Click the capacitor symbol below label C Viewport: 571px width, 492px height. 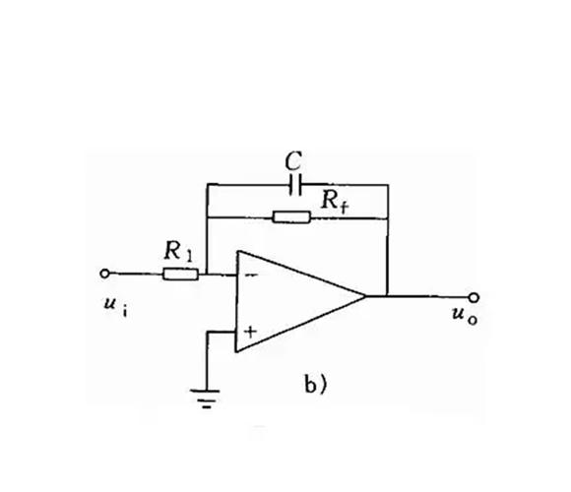295,185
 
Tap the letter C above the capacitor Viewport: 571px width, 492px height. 293,160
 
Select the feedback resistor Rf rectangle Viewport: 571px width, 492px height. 291,216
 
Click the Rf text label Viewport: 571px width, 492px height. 335,201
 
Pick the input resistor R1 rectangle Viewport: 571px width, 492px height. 180,274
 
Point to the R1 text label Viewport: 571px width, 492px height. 178,251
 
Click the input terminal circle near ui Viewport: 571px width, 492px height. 104,274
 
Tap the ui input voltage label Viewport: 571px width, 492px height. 115,305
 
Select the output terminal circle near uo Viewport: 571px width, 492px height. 474,298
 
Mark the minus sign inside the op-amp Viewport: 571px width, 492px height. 251,276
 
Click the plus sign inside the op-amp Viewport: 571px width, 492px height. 250,332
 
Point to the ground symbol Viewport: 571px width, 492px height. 206,399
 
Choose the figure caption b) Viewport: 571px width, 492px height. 316,386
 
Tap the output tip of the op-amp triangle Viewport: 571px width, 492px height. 365,296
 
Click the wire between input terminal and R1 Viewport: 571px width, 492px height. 136,274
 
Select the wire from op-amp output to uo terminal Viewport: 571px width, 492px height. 417,296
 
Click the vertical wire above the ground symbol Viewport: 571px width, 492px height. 207,361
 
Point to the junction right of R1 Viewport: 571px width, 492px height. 207,274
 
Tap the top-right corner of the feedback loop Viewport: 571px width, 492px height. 388,185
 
